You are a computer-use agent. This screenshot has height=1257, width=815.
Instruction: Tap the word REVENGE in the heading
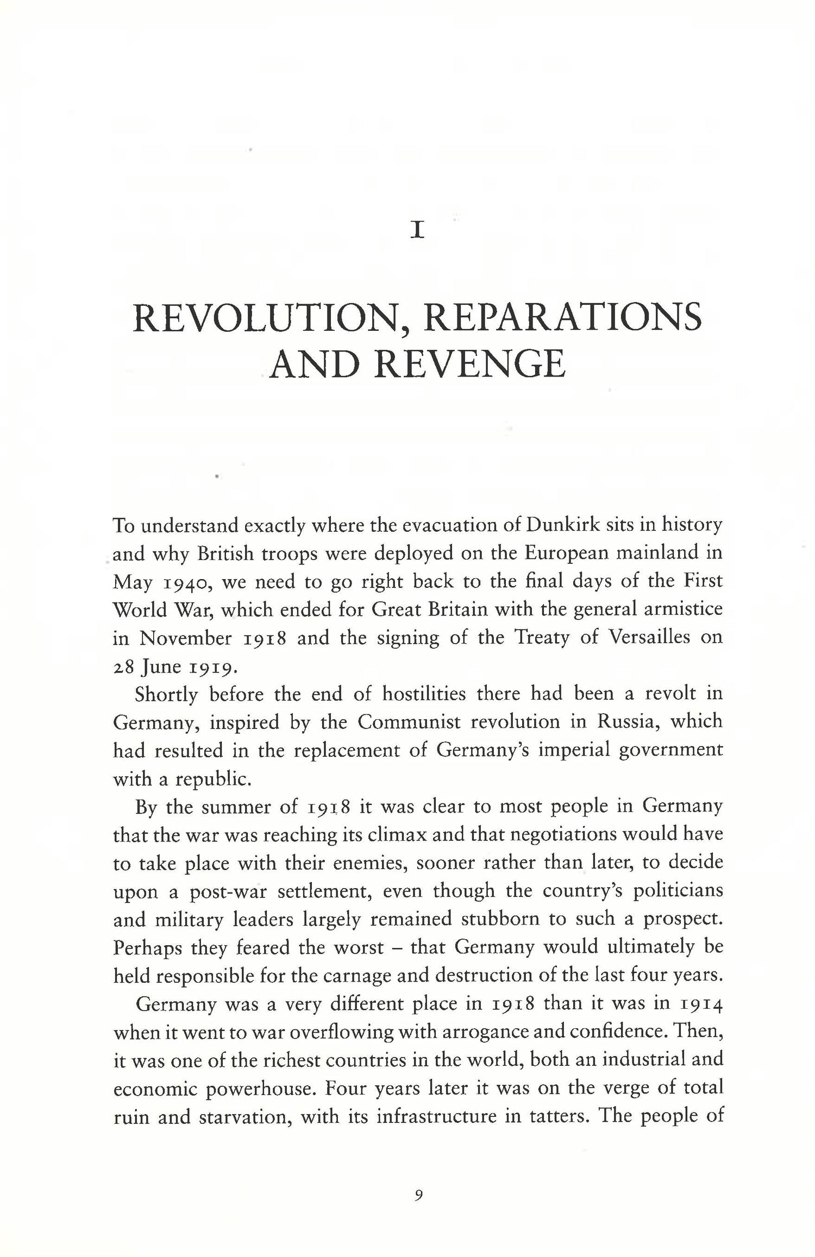point(471,364)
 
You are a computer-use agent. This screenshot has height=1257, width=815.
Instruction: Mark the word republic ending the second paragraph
point(213,780)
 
